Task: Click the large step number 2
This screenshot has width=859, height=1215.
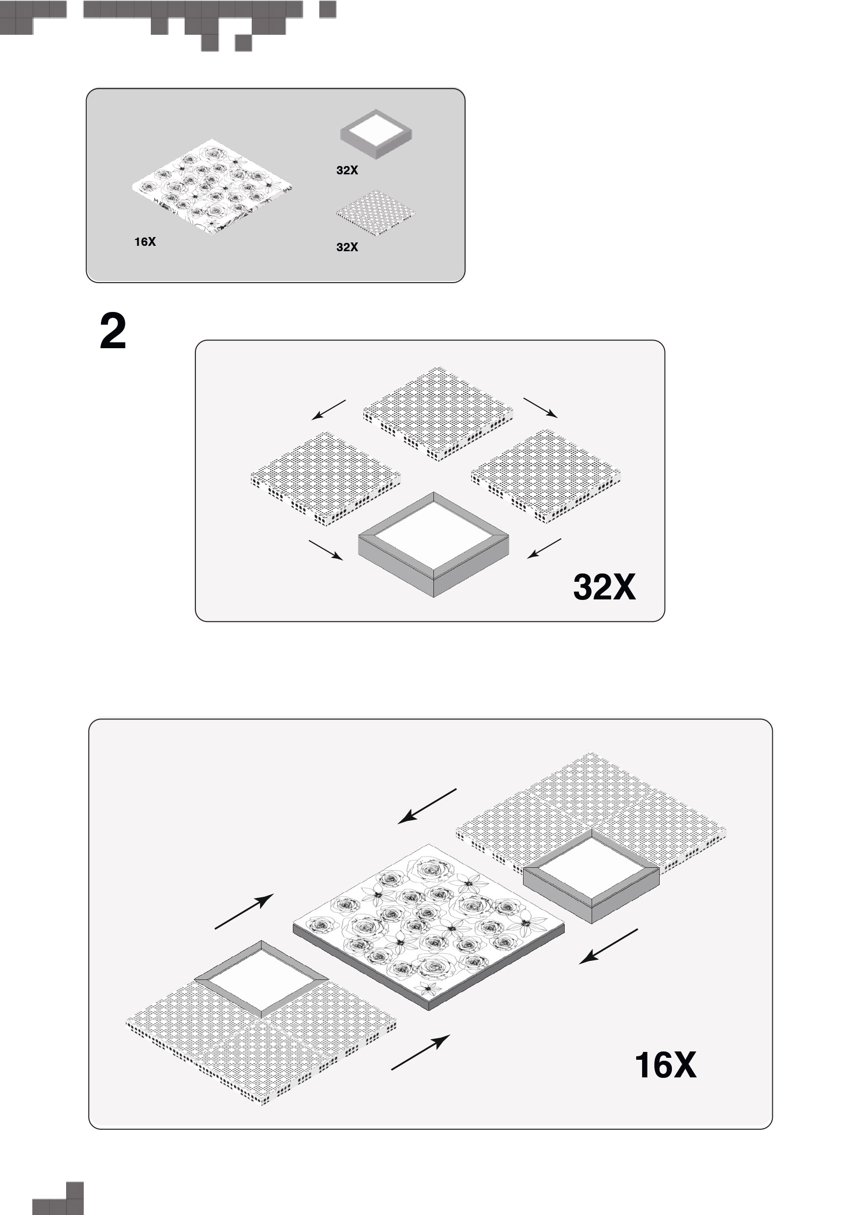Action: (x=113, y=332)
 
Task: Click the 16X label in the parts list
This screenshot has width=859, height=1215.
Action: (x=145, y=242)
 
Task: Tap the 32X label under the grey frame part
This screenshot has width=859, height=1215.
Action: (x=347, y=170)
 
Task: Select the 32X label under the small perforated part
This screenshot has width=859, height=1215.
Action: (x=347, y=247)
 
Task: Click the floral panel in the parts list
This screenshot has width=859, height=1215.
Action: (x=212, y=188)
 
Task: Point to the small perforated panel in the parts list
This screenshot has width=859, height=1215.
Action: (x=376, y=213)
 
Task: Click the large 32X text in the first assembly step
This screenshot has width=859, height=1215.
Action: (x=604, y=587)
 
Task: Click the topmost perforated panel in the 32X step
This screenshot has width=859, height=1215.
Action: (x=438, y=414)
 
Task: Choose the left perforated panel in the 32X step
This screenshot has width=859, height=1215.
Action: (x=326, y=478)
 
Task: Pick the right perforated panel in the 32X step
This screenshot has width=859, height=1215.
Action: (x=546, y=476)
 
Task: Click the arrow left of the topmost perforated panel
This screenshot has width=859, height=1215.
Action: (x=328, y=410)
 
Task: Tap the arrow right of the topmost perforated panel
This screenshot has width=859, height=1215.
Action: (x=540, y=408)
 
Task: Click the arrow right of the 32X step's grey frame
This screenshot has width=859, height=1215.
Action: (x=544, y=549)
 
